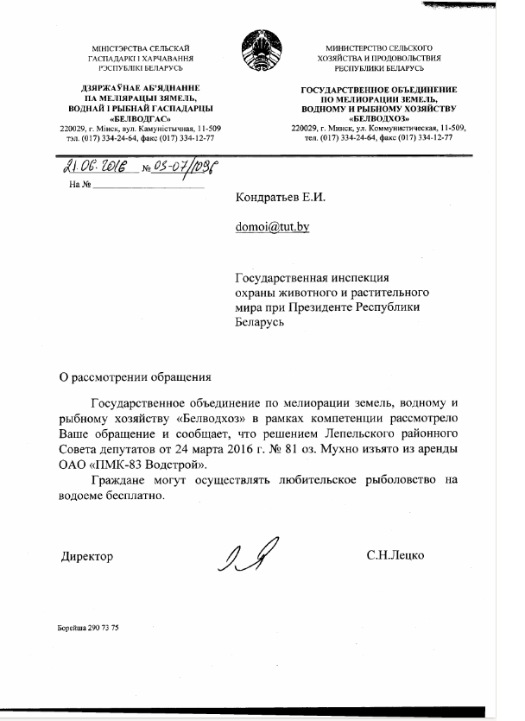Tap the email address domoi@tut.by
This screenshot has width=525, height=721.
[x=272, y=227]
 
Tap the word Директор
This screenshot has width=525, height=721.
[x=86, y=557]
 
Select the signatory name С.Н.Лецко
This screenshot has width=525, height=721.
[x=395, y=557]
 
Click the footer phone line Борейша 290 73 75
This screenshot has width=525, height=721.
[x=83, y=627]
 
